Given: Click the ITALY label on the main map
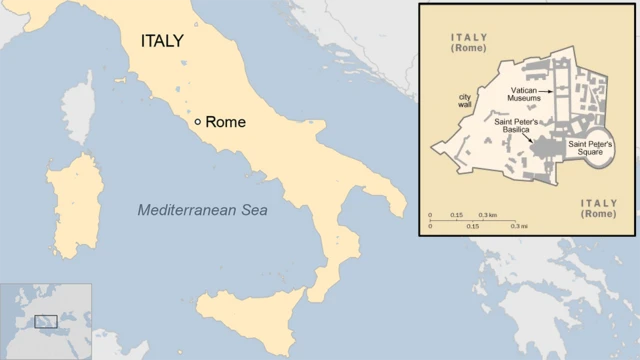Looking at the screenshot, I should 161,42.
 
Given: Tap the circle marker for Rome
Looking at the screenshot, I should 198,122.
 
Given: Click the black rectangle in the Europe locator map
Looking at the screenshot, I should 46,322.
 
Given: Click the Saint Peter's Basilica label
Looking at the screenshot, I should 517,127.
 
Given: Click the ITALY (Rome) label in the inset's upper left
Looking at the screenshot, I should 469,42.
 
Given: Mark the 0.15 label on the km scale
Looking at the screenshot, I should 456,216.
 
